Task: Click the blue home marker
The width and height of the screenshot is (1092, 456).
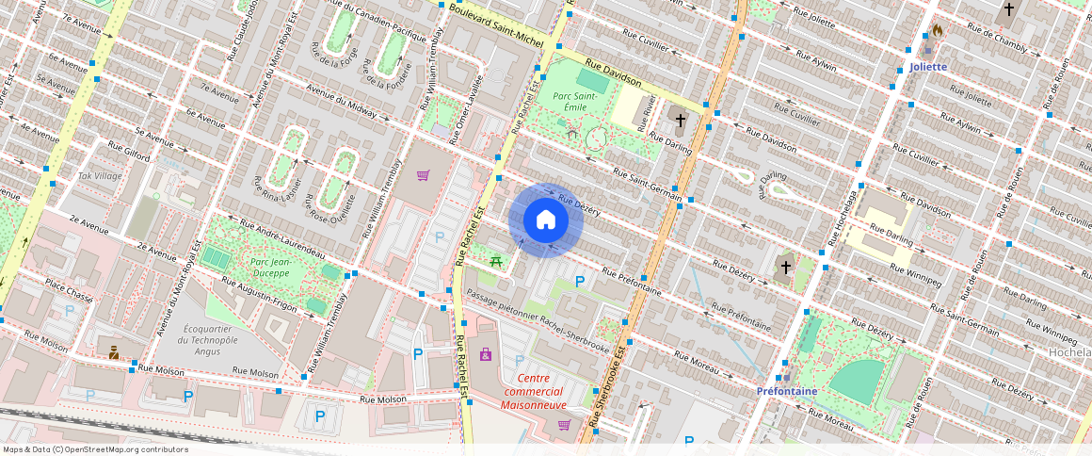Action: (546, 220)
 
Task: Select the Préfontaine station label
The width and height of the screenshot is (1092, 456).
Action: (787, 390)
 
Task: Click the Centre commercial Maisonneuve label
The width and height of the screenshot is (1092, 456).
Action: (534, 391)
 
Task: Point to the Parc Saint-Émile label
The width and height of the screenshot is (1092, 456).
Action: (574, 102)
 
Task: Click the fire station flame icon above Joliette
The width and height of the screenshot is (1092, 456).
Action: (936, 31)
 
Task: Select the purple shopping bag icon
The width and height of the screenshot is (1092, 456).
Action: (486, 354)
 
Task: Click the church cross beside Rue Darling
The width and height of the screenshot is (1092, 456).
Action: (681, 122)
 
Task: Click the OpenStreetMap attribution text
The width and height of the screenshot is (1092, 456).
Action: (95, 449)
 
